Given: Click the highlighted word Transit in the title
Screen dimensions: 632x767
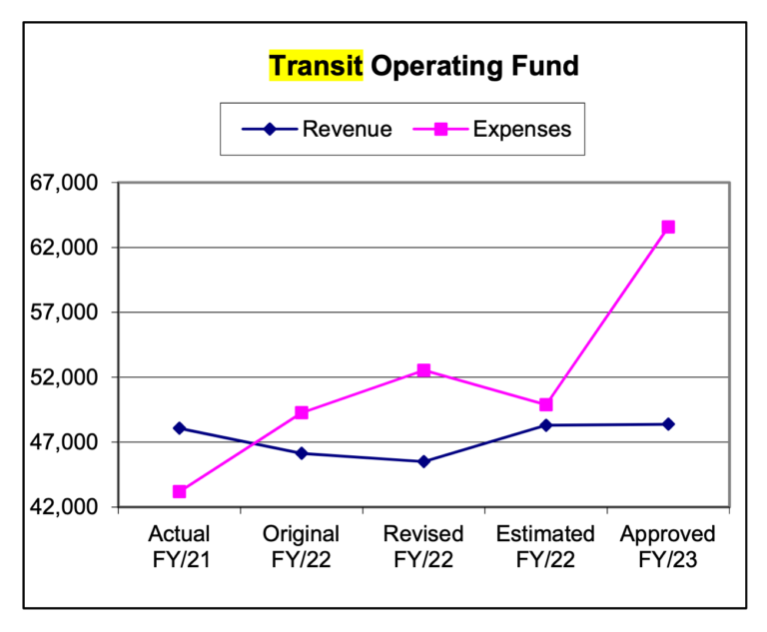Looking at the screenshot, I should coord(316,67).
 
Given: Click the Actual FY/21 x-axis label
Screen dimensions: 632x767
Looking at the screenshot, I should coord(179,546).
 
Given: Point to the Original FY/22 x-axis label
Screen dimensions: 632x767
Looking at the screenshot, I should coord(302,546).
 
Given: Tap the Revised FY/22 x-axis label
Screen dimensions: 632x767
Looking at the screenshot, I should coord(423,546).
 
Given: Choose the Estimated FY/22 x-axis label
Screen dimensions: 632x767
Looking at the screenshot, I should coord(545,546).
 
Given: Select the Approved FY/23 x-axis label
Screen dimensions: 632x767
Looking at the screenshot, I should coord(668,546).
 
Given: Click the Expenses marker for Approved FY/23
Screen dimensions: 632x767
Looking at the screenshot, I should coord(668,227).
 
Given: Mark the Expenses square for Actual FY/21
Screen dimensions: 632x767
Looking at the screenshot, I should coord(180,491).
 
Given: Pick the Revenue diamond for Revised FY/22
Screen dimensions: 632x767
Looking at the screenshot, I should coord(423,461).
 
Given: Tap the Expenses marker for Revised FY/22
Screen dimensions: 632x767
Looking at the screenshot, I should coord(423,370).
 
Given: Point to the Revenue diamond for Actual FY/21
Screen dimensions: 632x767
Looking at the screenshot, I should coord(180,428).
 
